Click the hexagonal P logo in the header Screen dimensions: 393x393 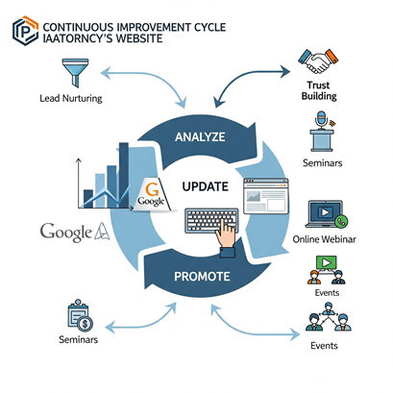[25, 31]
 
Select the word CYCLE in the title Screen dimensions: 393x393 [209, 27]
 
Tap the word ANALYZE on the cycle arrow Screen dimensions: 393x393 [200, 137]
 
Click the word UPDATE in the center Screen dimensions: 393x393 [206, 186]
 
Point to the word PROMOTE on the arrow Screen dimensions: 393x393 [202, 277]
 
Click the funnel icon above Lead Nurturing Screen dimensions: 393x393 [75, 73]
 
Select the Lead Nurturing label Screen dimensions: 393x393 [71, 98]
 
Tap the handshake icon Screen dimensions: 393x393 [318, 61]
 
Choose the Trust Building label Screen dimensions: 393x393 [319, 90]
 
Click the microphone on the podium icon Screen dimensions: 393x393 [321, 119]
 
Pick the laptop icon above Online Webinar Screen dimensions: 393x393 [325, 214]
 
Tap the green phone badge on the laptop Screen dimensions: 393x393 [341, 221]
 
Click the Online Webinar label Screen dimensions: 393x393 [324, 239]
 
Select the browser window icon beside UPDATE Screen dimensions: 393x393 [266, 196]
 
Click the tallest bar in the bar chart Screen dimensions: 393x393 [124, 175]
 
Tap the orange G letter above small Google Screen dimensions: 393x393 [152, 189]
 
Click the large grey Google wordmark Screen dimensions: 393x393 [66, 232]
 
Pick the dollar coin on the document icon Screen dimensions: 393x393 [85, 324]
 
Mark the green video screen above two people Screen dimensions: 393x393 [327, 263]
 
